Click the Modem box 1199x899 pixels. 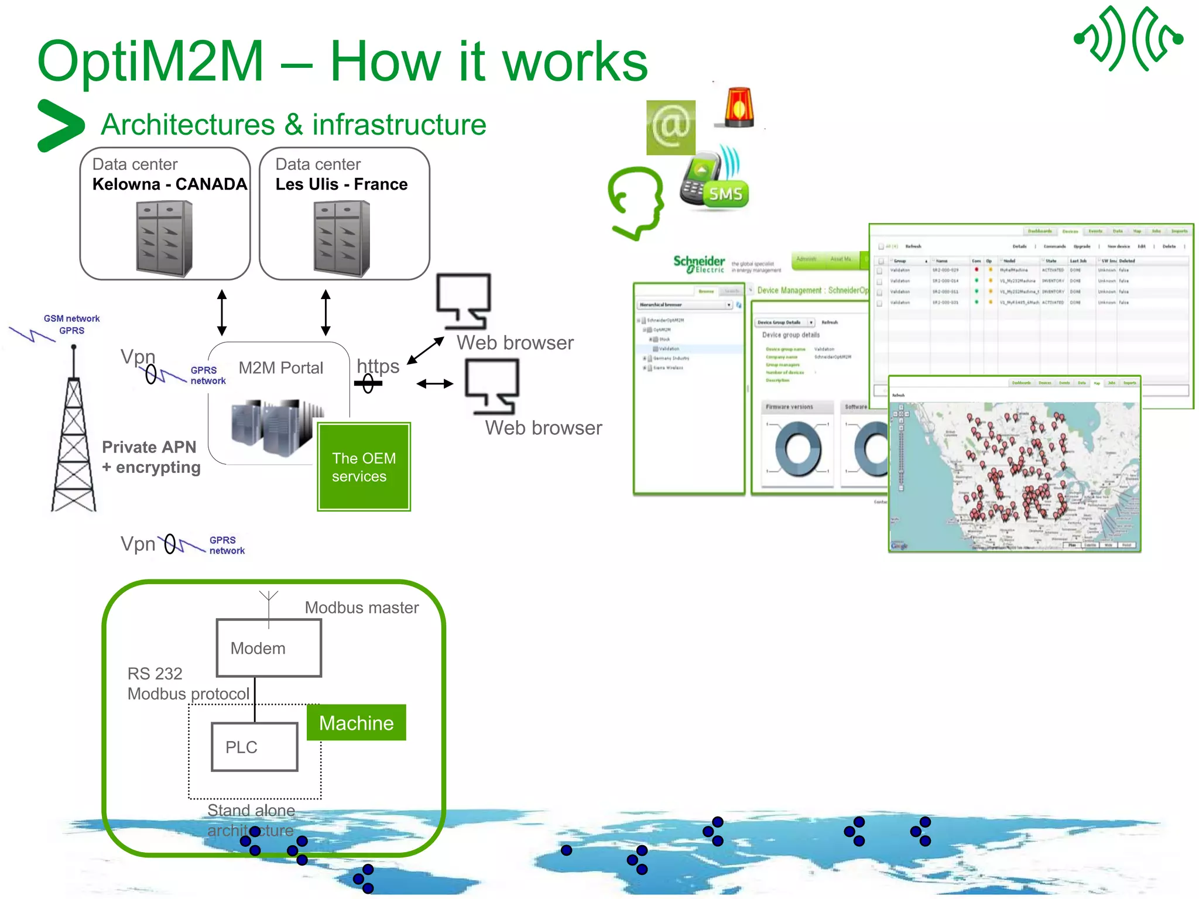pos(269,648)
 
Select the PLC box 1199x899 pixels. pos(254,747)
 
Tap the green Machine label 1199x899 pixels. pos(356,723)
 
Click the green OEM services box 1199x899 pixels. pos(364,466)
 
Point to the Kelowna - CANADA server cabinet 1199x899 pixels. pos(164,238)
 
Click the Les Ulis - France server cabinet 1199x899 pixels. pos(342,238)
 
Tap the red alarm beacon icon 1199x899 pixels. pos(739,108)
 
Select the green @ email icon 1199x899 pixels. pos(670,127)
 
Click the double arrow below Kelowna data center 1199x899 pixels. pos(222,312)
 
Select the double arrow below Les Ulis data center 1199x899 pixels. pos(326,312)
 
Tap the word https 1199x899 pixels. pos(378,366)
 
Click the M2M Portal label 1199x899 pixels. pos(280,368)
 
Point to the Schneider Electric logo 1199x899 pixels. pos(699,264)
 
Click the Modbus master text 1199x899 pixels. pos(361,608)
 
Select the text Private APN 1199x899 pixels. pos(149,447)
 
